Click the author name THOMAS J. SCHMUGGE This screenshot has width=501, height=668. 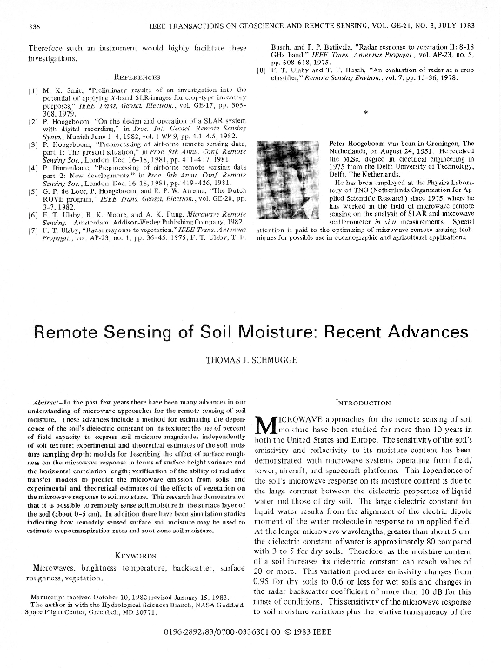(x=250, y=358)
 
